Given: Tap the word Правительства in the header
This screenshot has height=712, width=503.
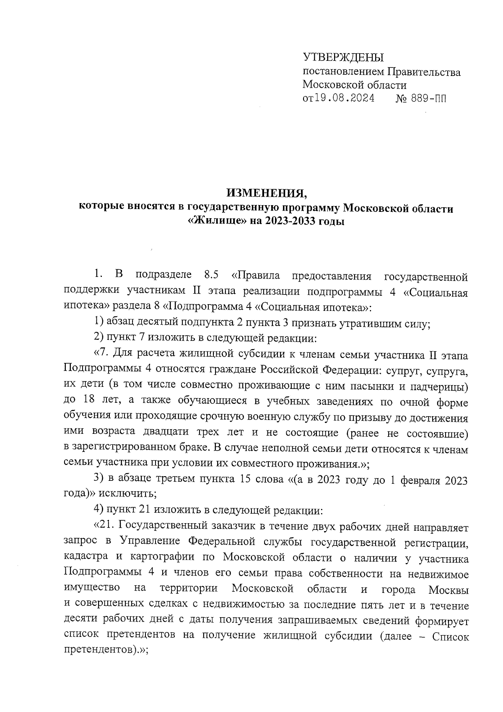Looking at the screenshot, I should click(x=423, y=72).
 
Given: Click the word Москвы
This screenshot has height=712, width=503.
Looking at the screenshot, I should click(x=449, y=589).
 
